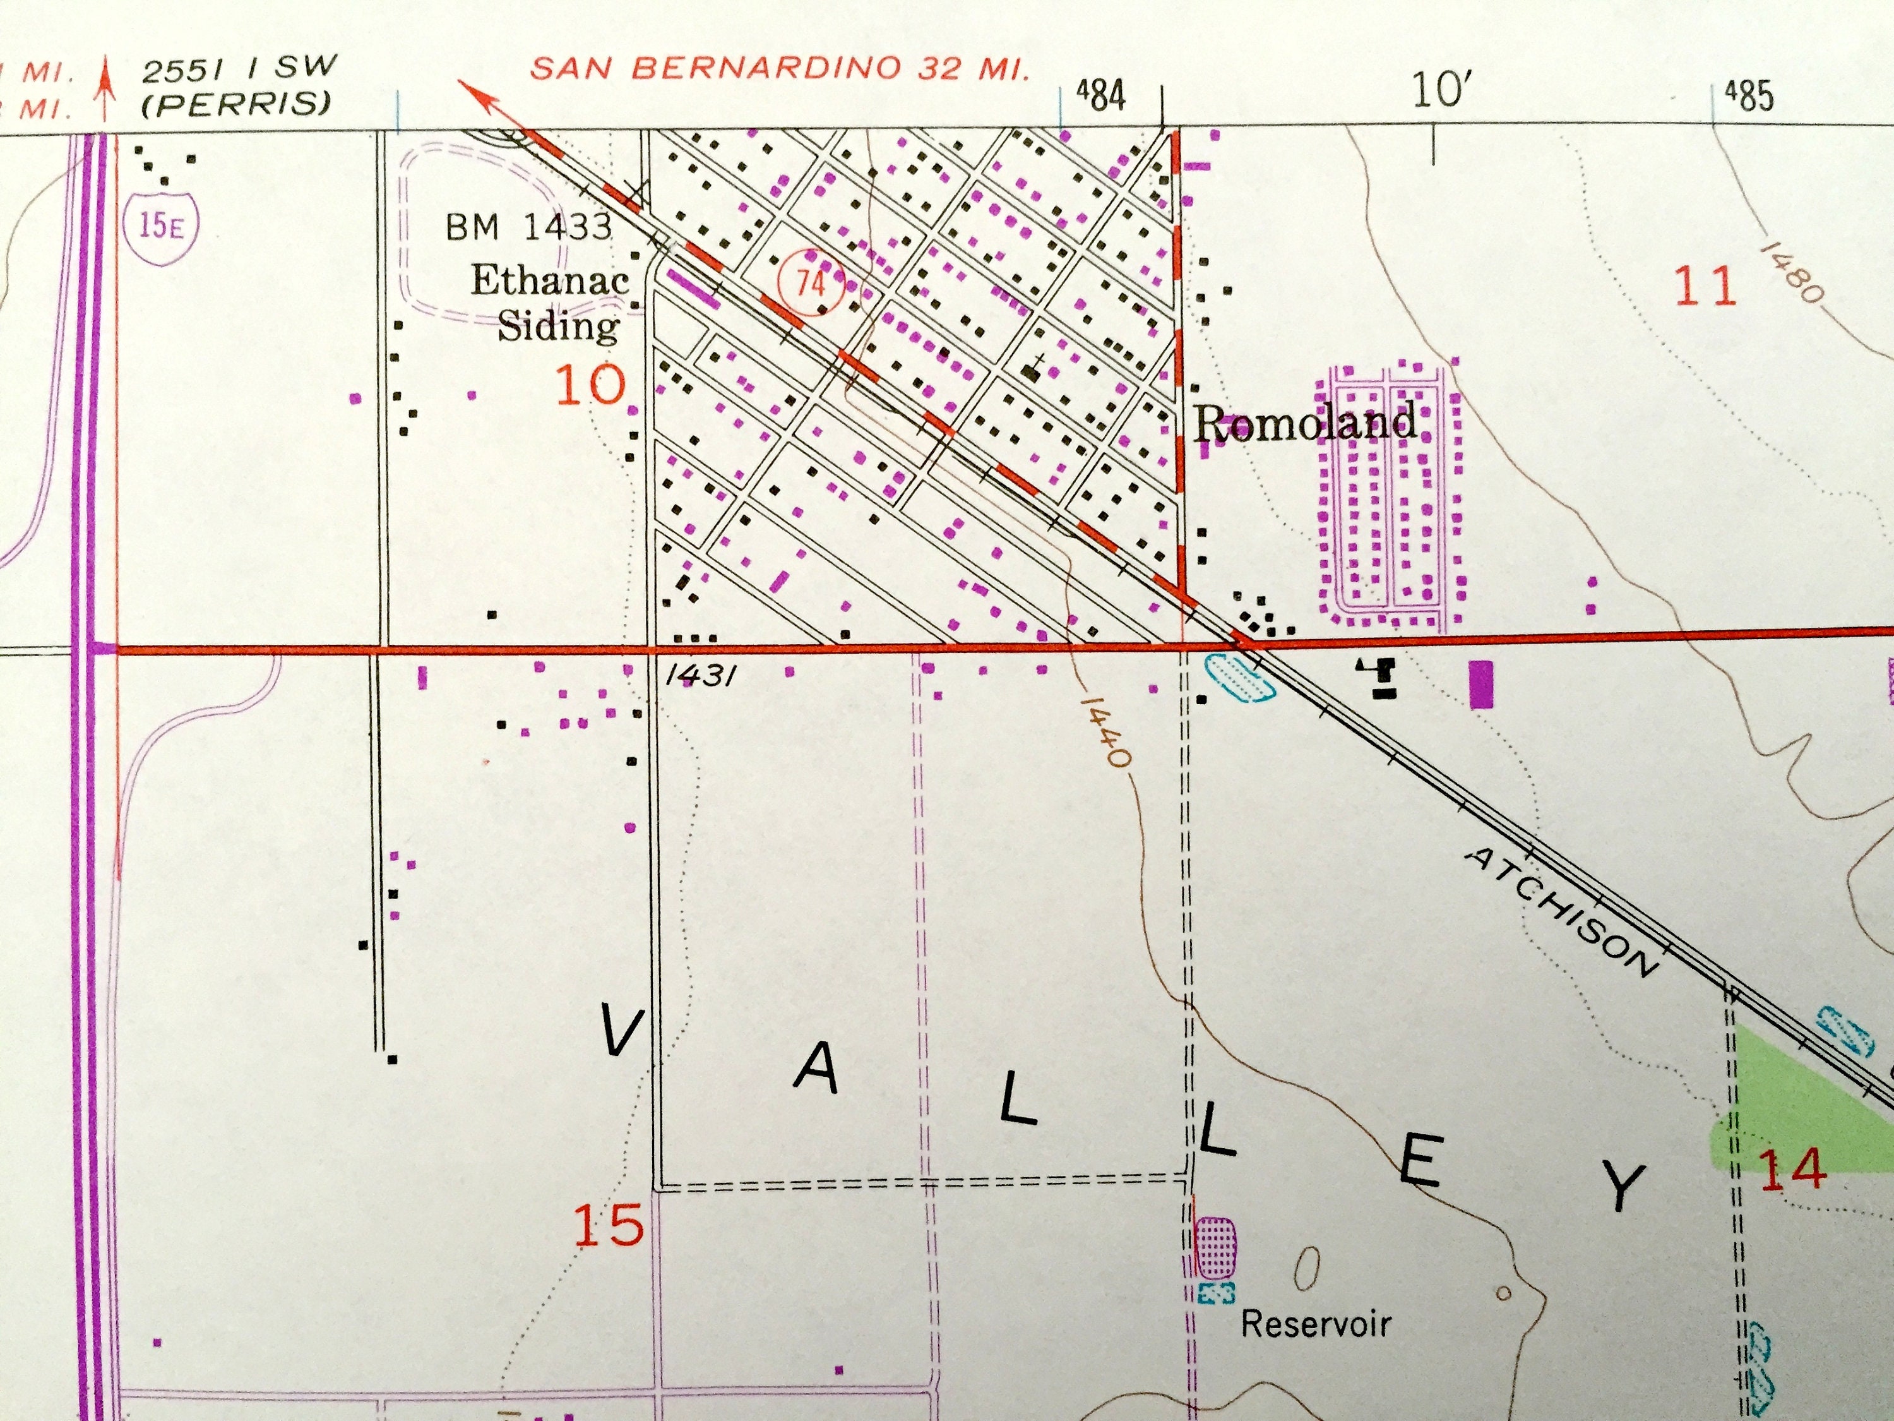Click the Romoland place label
tap(1303, 423)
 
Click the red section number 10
tap(591, 385)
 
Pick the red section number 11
tap(1704, 287)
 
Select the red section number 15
tap(608, 1225)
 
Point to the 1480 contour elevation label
tap(1791, 272)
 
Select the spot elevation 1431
tap(700, 676)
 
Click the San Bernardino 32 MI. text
tap(779, 68)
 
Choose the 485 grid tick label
tap(1748, 95)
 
